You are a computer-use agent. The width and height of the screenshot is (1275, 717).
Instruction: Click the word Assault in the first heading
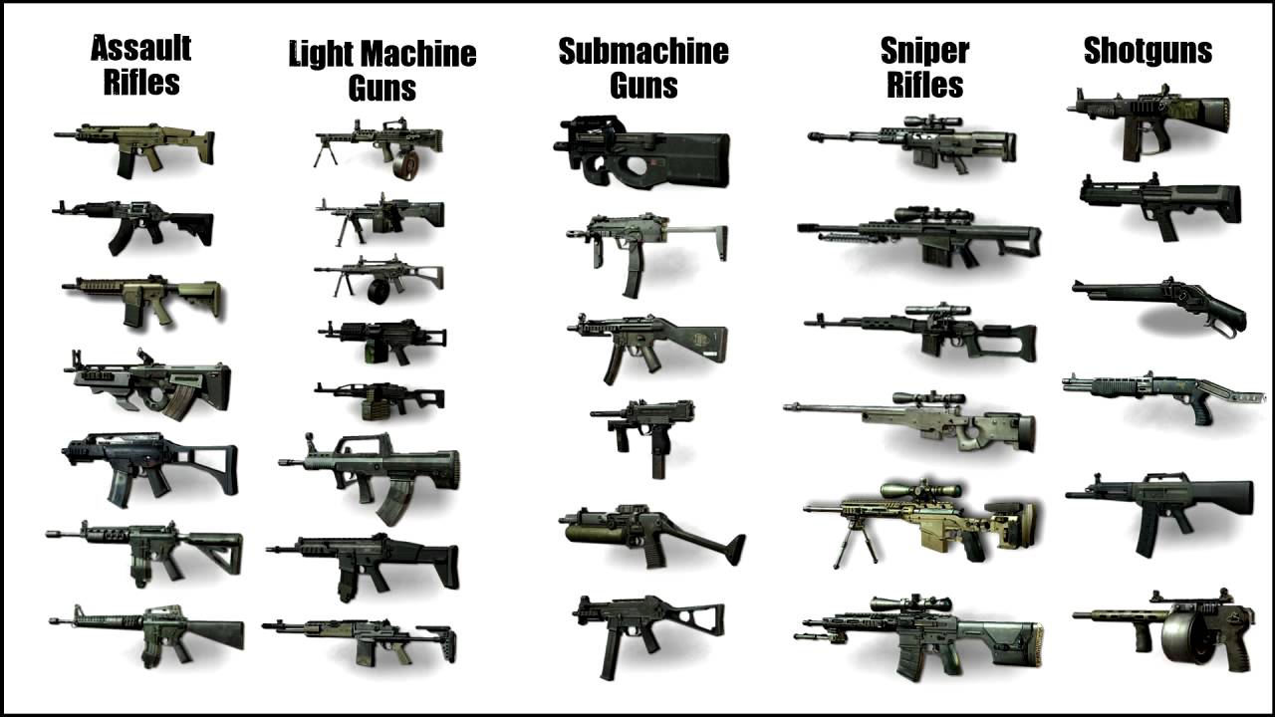coord(140,48)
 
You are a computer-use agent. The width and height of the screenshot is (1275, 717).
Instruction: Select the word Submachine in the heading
coord(642,51)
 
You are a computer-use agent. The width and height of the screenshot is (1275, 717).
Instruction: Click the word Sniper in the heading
coord(924,51)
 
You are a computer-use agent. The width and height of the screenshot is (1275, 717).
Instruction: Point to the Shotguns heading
coord(1147,51)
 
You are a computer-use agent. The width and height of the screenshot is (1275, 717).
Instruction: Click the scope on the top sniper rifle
coord(933,121)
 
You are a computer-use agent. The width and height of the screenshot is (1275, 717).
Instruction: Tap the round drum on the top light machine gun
coord(405,165)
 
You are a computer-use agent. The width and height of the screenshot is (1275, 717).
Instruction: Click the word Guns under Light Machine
coord(382,89)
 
